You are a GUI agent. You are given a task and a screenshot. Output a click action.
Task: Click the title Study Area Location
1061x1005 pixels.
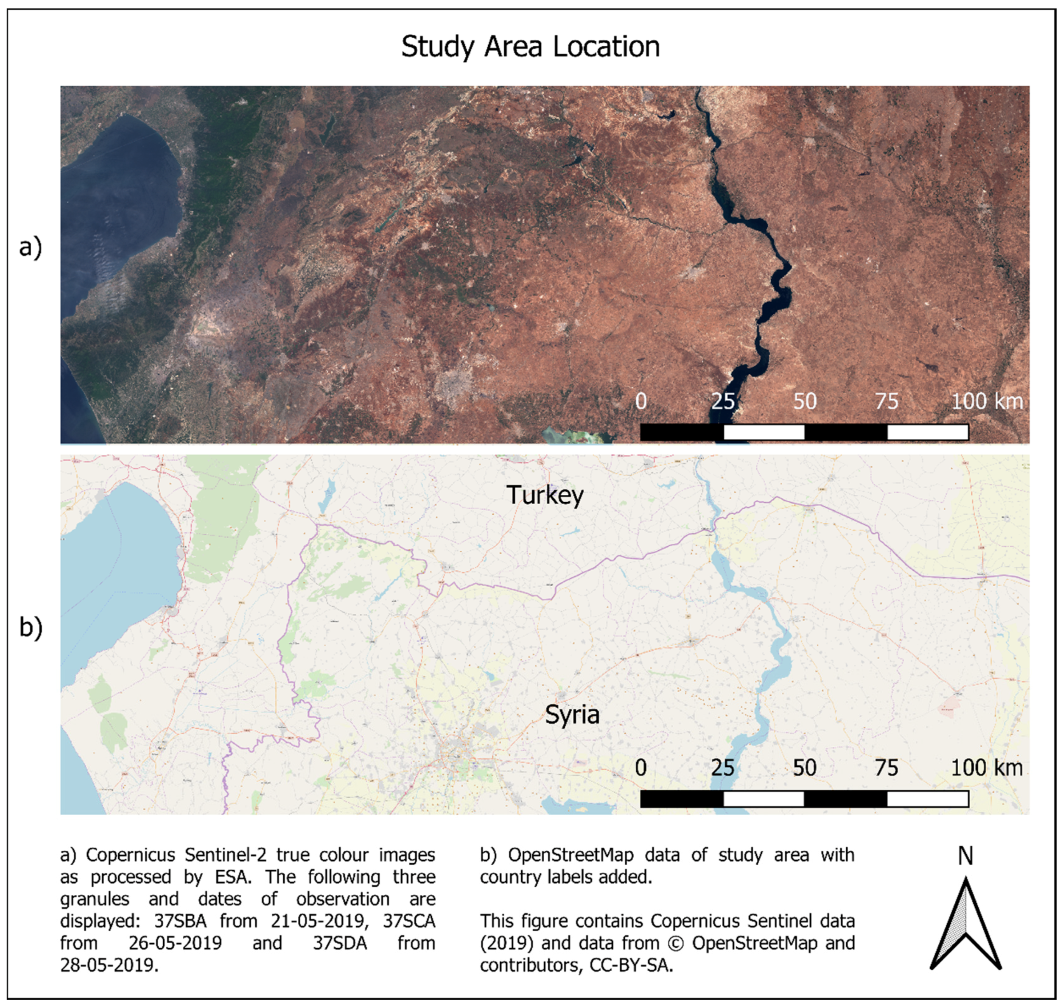pos(530,47)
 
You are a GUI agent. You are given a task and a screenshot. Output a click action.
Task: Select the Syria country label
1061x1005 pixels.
pos(572,715)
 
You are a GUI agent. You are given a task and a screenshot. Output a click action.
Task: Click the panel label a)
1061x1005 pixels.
pos(31,248)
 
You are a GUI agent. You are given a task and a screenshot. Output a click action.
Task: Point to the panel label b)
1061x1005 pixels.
pos(31,627)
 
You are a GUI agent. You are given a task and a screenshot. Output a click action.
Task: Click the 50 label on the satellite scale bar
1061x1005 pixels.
pos(805,401)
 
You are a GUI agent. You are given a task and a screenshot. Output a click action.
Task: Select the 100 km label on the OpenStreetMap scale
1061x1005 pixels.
pos(986,768)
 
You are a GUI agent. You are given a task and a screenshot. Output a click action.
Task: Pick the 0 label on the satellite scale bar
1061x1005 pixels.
pos(641,401)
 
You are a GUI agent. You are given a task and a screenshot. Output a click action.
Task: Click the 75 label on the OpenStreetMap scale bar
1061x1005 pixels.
pos(886,768)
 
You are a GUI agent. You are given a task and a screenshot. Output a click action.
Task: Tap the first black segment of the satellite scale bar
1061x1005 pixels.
pos(682,432)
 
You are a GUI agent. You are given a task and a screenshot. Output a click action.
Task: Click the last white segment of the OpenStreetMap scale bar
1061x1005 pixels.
pos(928,799)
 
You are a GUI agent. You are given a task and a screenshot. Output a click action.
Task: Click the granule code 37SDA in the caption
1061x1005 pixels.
pos(340,943)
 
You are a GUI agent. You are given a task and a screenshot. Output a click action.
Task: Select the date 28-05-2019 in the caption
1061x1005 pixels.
pos(109,965)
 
